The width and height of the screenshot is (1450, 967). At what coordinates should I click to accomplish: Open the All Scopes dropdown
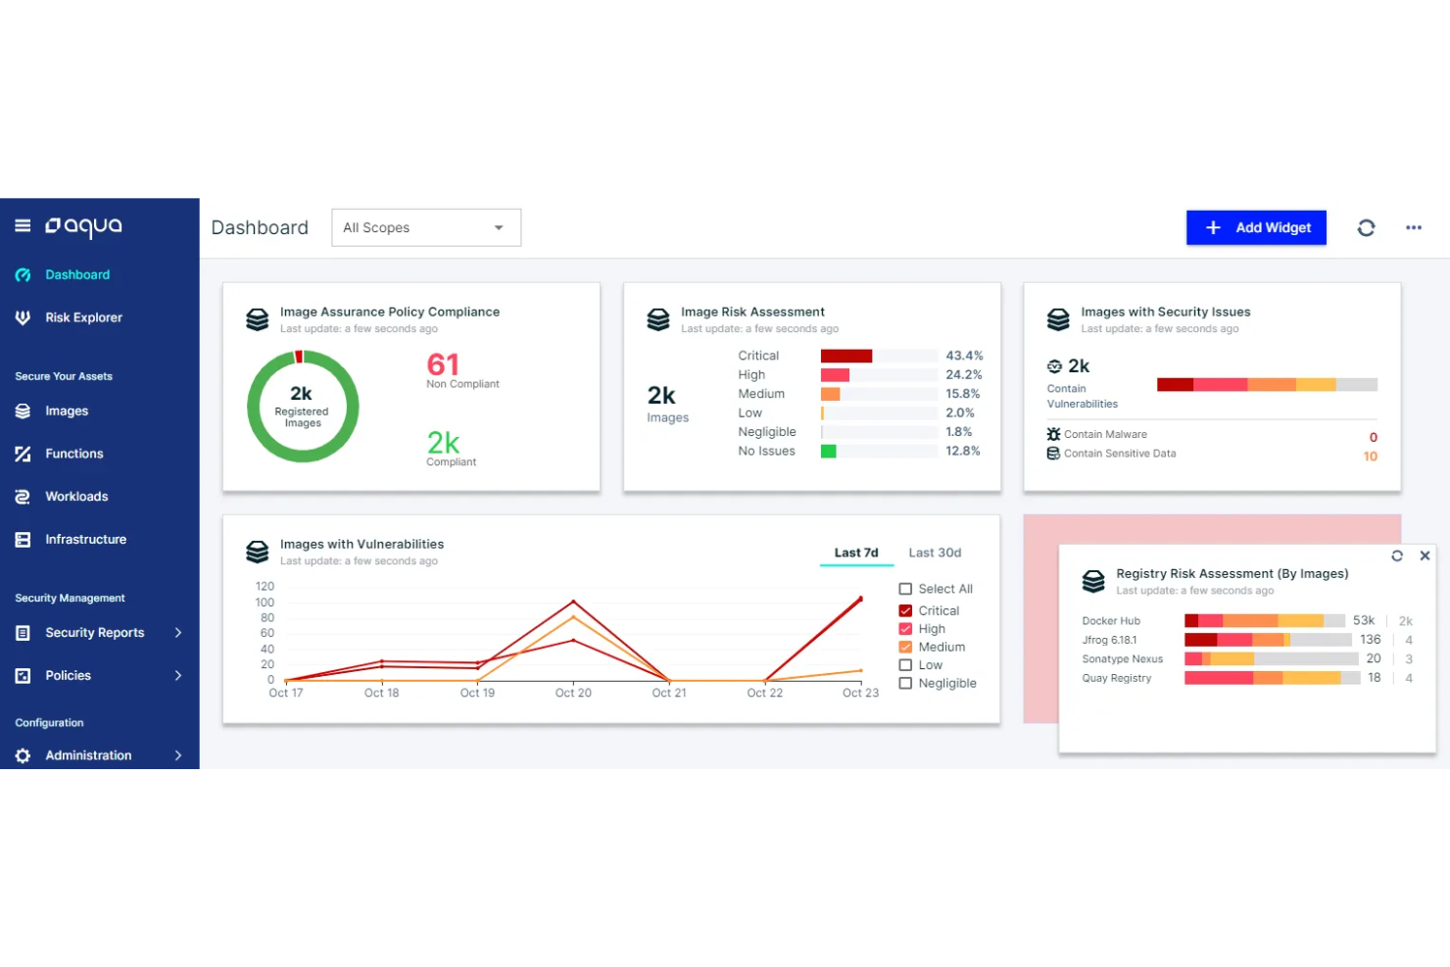pyautogui.click(x=425, y=227)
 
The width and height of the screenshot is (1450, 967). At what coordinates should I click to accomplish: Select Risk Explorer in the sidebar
pyautogui.click(x=83, y=317)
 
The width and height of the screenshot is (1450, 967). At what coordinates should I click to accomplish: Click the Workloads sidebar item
pyautogui.click(x=76, y=497)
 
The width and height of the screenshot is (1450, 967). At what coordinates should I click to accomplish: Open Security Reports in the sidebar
pyautogui.click(x=94, y=633)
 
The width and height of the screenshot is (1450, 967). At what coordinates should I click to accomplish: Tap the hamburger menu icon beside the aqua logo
pyautogui.click(x=23, y=226)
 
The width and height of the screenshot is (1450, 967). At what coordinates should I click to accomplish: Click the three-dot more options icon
pyautogui.click(x=1413, y=227)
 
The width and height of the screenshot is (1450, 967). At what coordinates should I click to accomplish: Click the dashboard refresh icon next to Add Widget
pyautogui.click(x=1366, y=227)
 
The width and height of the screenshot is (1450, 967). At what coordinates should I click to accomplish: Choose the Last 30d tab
pyautogui.click(x=934, y=553)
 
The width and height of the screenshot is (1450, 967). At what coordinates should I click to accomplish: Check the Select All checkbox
pyautogui.click(x=905, y=589)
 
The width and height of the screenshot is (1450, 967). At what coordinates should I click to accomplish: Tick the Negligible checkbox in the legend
pyautogui.click(x=905, y=683)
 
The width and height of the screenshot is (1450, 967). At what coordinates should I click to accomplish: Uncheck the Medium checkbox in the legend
pyautogui.click(x=905, y=647)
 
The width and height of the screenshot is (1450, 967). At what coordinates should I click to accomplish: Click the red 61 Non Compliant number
pyautogui.click(x=443, y=364)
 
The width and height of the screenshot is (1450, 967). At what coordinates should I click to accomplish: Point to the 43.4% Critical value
pyautogui.click(x=963, y=356)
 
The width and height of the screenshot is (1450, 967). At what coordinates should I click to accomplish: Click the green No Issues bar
pyautogui.click(x=829, y=452)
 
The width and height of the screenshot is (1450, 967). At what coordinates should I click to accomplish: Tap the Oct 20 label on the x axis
pyautogui.click(x=573, y=693)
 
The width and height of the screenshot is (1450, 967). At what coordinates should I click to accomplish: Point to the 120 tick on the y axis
pyautogui.click(x=265, y=586)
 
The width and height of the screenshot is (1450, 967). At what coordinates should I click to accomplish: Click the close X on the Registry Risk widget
pyautogui.click(x=1425, y=556)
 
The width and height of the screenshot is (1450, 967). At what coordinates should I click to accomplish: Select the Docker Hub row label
pyautogui.click(x=1111, y=621)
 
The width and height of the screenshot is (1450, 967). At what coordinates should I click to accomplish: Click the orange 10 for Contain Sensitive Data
pyautogui.click(x=1370, y=457)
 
